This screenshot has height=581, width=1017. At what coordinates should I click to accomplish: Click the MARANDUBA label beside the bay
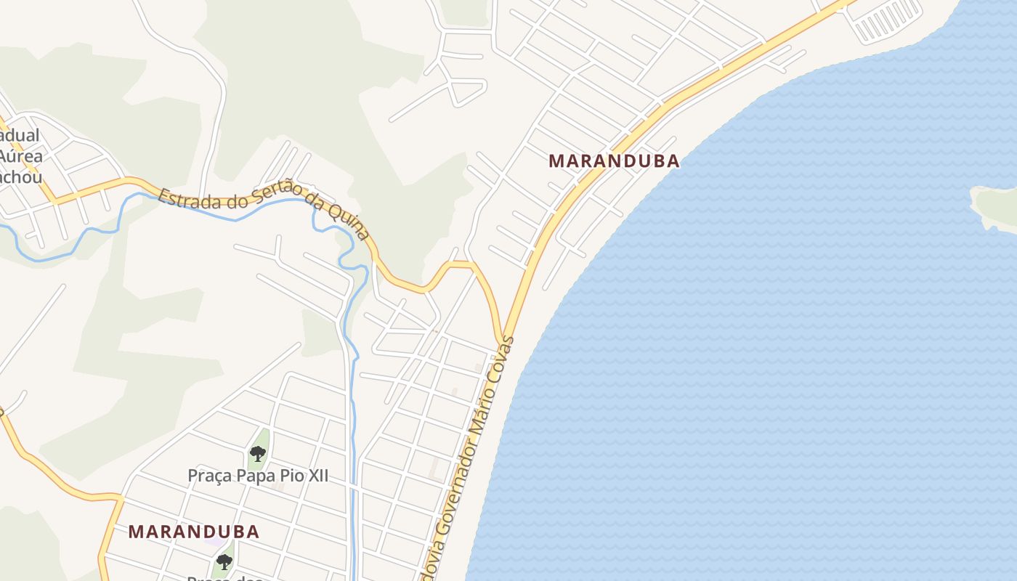[x=614, y=161]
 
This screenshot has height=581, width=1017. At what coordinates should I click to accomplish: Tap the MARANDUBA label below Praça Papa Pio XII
[x=194, y=531]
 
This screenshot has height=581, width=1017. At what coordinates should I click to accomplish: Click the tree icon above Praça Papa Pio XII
[x=257, y=454]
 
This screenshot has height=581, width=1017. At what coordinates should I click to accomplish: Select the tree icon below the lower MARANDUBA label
[x=224, y=561]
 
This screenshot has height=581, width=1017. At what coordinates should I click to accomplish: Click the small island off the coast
[x=996, y=207]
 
